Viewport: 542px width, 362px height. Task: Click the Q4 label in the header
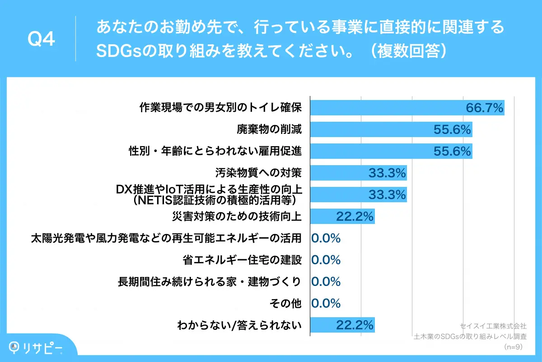coord(42,39)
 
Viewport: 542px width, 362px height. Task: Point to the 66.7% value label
coord(484,108)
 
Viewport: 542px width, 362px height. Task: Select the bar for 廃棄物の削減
coord(391,129)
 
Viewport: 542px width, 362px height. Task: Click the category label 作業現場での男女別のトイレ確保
coord(220,108)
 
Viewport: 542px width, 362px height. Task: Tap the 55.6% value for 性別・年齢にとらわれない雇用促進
coord(452,151)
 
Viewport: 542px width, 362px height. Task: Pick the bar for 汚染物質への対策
coord(358,173)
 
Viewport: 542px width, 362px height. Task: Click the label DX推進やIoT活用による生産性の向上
coord(209,190)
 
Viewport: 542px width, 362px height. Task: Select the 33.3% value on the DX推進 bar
coord(387,195)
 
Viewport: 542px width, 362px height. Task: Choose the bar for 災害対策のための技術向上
coord(342,216)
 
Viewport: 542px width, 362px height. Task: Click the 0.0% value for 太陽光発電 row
coord(326,238)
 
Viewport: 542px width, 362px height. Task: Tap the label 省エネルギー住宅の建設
coord(242,260)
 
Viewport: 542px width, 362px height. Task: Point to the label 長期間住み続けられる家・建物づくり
coord(210,281)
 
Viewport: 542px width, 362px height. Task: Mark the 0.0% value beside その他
coord(326,303)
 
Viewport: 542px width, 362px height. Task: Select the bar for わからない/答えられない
coord(342,324)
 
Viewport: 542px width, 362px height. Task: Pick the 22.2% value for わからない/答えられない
coord(355,324)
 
